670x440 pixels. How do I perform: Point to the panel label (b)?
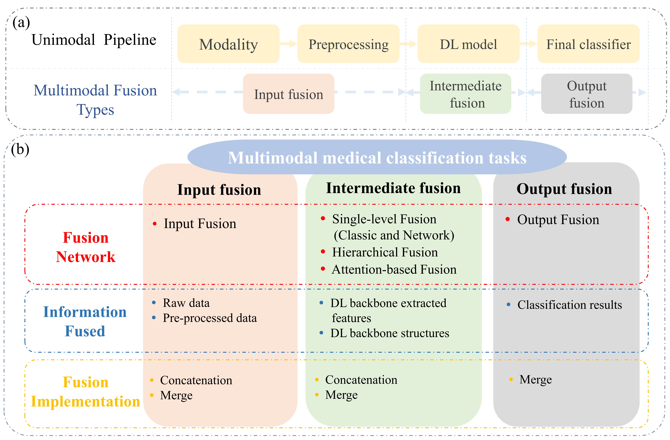point(20,149)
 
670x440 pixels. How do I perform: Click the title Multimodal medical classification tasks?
point(377,158)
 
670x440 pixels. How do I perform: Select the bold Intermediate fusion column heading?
point(393,188)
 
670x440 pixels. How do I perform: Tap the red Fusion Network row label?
point(86,247)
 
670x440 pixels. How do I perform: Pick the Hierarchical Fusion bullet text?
point(385,252)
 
